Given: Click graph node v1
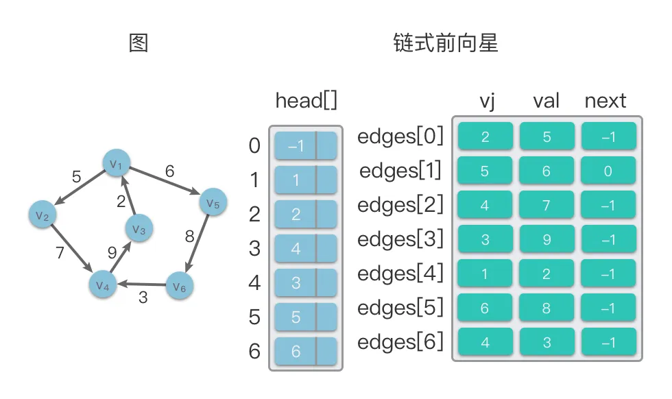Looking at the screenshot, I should pyautogui.click(x=116, y=163).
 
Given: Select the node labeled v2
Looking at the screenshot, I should pyautogui.click(x=43, y=215).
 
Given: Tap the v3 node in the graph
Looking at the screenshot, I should pyautogui.click(x=139, y=228).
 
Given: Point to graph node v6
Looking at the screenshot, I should pyautogui.click(x=180, y=286).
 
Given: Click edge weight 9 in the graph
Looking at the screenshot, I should pyautogui.click(x=112, y=252).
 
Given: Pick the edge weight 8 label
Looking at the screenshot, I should pyautogui.click(x=190, y=237).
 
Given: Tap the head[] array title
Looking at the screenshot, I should pyautogui.click(x=306, y=101).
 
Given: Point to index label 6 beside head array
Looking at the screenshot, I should pyautogui.click(x=254, y=351).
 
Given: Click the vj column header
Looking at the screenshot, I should pyautogui.click(x=488, y=101).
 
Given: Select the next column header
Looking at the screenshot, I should pyautogui.click(x=605, y=101).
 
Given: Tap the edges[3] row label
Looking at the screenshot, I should pyautogui.click(x=400, y=239).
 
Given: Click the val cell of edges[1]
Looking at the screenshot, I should pyautogui.click(x=547, y=171).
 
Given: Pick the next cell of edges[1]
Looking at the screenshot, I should pyautogui.click(x=608, y=171).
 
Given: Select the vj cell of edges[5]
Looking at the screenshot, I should pyautogui.click(x=485, y=308).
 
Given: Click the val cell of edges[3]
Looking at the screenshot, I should pyautogui.click(x=547, y=239).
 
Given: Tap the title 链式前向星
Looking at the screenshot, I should pyautogui.click(x=446, y=43).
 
